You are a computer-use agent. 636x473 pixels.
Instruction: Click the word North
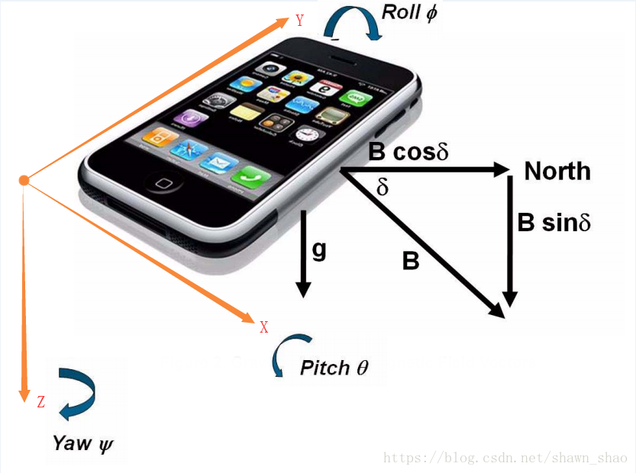[x=557, y=171]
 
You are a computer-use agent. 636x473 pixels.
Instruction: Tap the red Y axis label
[x=300, y=21]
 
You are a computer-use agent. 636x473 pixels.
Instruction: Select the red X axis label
[x=264, y=327]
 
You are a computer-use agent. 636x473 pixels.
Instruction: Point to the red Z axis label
[x=41, y=402]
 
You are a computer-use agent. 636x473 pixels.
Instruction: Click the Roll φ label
[x=409, y=13]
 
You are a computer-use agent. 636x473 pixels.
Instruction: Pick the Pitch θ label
[x=334, y=367]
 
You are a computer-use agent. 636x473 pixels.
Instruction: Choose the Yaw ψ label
[x=83, y=442]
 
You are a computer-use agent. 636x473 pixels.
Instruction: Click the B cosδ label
[x=408, y=152]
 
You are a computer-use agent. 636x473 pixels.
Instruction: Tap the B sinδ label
[x=554, y=223]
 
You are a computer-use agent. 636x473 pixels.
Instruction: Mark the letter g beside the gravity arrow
[x=319, y=250]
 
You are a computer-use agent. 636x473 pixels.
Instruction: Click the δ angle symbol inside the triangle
[x=383, y=188]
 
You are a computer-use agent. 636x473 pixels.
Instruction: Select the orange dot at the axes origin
[x=24, y=180]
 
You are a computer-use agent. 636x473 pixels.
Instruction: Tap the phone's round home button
[x=163, y=183]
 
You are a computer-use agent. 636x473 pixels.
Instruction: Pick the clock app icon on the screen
[x=306, y=135]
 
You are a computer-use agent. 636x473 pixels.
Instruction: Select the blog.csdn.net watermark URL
[x=505, y=458]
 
